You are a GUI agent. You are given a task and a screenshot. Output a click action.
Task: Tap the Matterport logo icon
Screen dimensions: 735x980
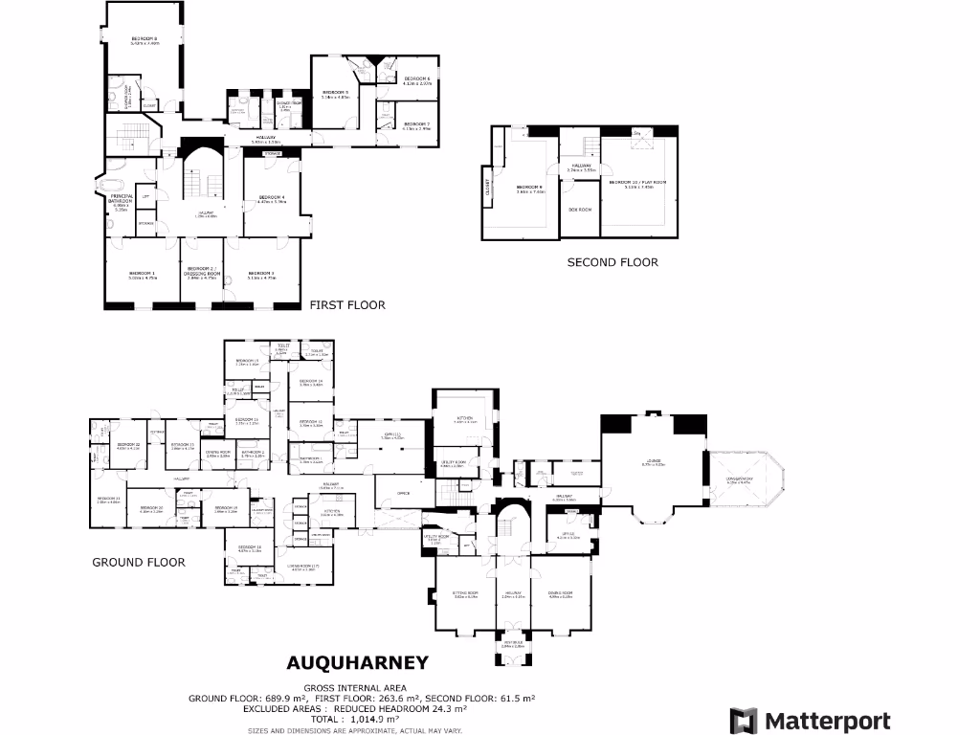point(743,721)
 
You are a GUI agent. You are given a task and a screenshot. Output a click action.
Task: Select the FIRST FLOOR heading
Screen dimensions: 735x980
point(347,305)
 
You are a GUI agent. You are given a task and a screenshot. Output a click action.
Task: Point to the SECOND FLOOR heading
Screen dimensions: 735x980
point(612,262)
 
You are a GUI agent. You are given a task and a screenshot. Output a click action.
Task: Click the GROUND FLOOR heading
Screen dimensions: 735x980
point(138,562)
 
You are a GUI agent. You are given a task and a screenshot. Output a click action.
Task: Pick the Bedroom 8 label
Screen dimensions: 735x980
point(145,40)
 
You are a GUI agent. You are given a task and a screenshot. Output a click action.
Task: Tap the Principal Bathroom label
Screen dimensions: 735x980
point(122,200)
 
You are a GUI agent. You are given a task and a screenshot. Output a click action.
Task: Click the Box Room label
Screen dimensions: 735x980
point(580,209)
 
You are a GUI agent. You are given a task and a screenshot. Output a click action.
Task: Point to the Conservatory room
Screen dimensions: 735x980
point(740,481)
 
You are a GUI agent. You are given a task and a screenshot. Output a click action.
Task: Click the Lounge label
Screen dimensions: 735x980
point(653,463)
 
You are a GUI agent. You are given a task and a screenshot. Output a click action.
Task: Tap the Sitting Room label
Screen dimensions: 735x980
point(465,595)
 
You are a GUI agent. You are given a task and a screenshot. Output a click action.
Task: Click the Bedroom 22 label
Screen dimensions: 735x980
point(129,445)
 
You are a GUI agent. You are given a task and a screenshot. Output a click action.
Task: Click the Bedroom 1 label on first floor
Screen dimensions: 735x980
point(142,274)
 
